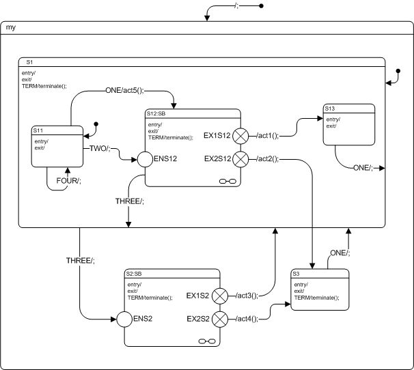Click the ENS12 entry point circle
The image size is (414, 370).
145,160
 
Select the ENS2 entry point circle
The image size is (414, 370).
122,318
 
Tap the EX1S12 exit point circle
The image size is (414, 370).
240,137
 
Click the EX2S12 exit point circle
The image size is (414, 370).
240,159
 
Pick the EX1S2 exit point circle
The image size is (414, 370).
219,296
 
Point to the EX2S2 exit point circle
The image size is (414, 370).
219,318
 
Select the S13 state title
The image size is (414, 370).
331,108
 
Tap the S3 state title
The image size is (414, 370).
296,273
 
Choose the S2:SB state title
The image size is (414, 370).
134,273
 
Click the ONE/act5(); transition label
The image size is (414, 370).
128,90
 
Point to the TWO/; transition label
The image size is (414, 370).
98,148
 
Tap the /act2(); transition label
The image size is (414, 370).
267,159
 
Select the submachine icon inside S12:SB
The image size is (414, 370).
227,181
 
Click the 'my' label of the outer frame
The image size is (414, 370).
10,28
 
